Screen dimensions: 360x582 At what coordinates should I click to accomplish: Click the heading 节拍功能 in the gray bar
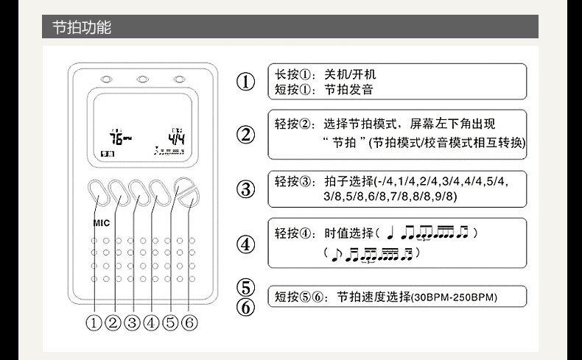point(81,28)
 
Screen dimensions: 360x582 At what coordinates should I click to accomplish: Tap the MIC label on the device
point(101,222)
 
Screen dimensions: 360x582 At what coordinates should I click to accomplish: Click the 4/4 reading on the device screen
point(175,137)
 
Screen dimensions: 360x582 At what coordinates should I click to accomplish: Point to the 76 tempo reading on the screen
point(117,138)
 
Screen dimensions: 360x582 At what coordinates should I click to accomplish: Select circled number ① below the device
point(94,322)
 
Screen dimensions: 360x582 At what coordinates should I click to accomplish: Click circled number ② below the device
point(113,322)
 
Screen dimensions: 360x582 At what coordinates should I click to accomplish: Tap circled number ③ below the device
point(132,322)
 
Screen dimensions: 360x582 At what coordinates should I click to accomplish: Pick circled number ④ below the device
point(151,322)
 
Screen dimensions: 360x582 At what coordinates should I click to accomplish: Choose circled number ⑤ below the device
point(170,322)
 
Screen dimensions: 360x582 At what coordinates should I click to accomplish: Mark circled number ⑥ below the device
point(189,322)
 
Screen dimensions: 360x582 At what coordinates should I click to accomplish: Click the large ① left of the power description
point(246,81)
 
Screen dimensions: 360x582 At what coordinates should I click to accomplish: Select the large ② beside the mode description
point(246,135)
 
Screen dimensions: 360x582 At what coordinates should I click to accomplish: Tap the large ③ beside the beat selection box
point(246,188)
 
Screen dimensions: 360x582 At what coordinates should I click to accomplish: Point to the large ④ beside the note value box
point(246,242)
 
